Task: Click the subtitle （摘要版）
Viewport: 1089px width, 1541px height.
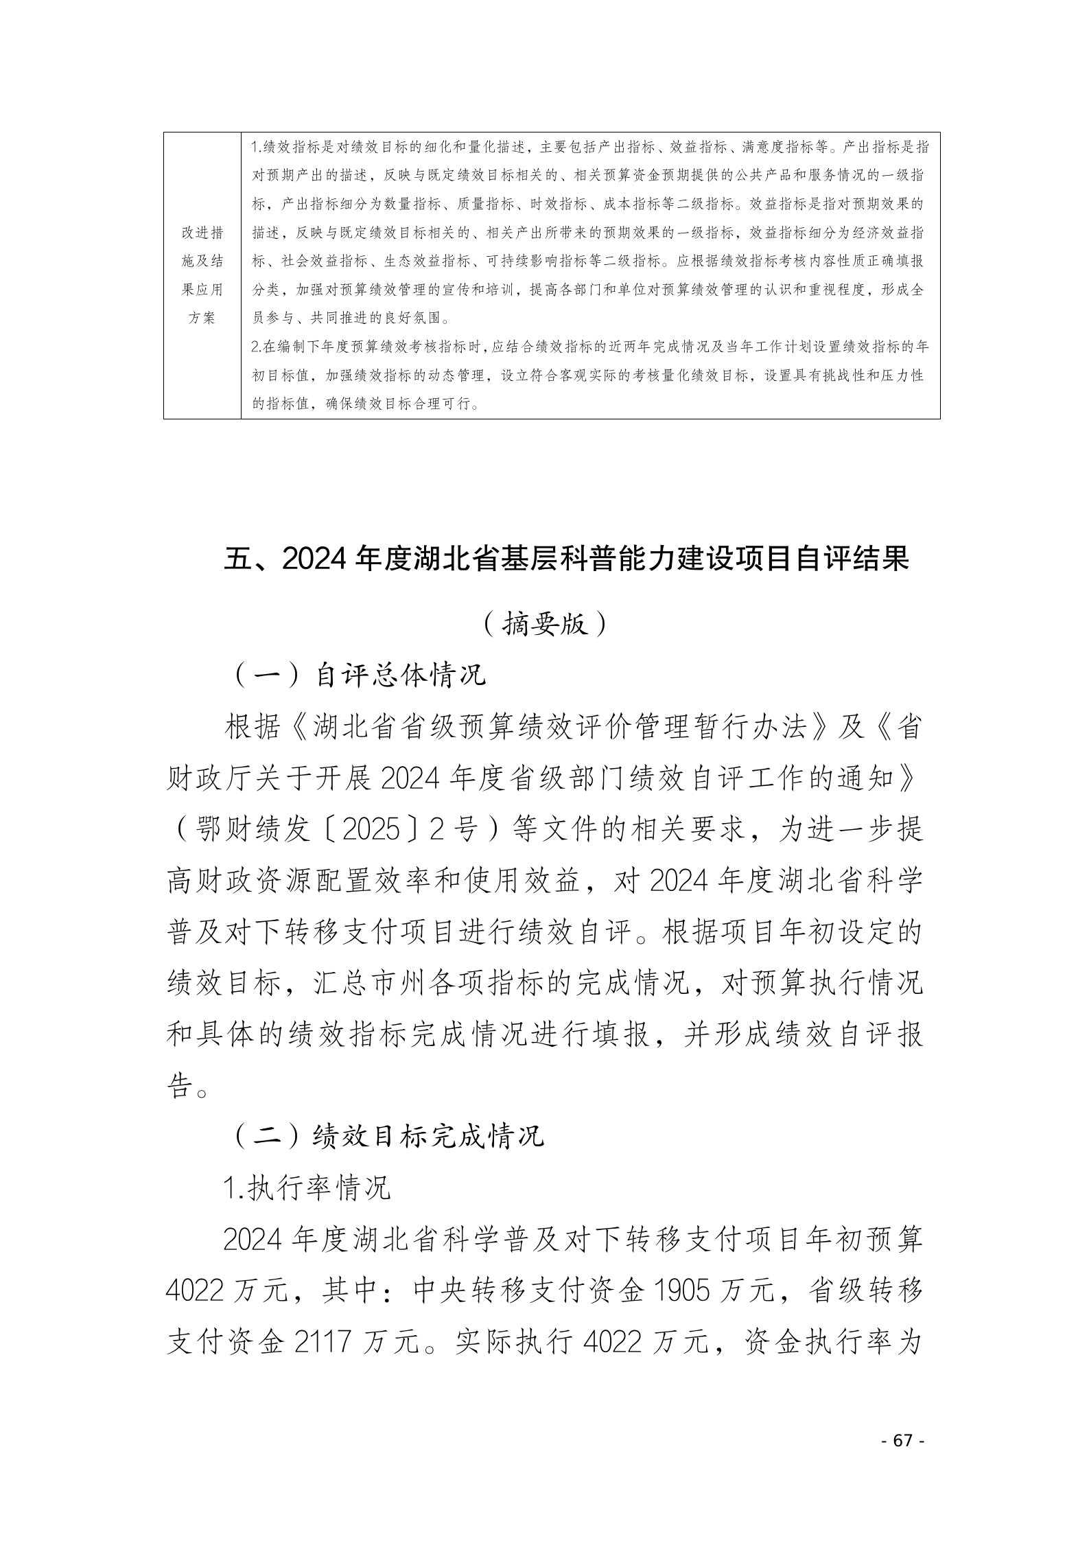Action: (x=544, y=624)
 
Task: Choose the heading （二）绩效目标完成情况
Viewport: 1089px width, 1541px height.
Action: (x=388, y=1136)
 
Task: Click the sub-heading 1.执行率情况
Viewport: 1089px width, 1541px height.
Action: (x=307, y=1188)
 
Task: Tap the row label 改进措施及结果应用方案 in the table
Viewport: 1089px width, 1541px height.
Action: (x=202, y=275)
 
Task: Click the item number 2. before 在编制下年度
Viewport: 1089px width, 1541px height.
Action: (x=257, y=347)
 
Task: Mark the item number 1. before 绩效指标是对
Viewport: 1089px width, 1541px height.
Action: (x=257, y=147)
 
